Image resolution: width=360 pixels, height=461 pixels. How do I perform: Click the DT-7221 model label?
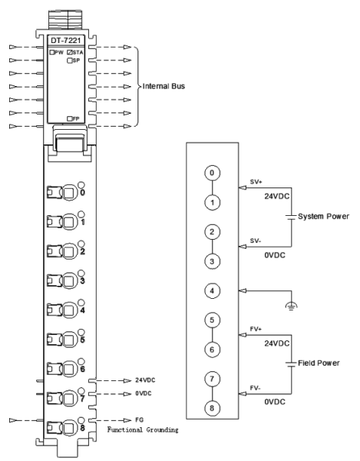pyautogui.click(x=66, y=40)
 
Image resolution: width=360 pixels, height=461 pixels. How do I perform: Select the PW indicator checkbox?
pyautogui.click(x=52, y=52)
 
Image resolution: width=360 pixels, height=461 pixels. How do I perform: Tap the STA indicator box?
pyautogui.click(x=69, y=52)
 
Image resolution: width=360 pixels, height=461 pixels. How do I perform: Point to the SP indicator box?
pyautogui.click(x=70, y=61)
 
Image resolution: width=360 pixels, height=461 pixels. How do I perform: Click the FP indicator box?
pyautogui.click(x=70, y=119)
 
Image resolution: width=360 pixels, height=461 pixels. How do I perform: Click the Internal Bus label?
pyautogui.click(x=163, y=86)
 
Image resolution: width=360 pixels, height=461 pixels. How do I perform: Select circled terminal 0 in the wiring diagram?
pyautogui.click(x=212, y=173)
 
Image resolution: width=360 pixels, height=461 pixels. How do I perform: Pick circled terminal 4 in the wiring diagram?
pyautogui.click(x=212, y=290)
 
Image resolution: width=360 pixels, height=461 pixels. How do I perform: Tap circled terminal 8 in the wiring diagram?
pyautogui.click(x=212, y=409)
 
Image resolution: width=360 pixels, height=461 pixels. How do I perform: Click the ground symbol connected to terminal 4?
pyautogui.click(x=291, y=307)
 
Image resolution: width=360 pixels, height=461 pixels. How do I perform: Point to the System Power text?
pyautogui.click(x=323, y=217)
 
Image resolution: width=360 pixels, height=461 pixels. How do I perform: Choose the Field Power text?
pyautogui.click(x=319, y=363)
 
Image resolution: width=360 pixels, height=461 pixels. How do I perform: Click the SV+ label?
pyautogui.click(x=256, y=181)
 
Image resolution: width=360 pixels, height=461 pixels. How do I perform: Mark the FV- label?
pyautogui.click(x=255, y=388)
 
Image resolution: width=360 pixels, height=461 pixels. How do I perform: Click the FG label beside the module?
pyautogui.click(x=139, y=420)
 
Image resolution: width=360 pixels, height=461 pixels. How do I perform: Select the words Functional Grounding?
pyautogui.click(x=143, y=429)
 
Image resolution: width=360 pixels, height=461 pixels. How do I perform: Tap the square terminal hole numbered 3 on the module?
pyautogui.click(x=68, y=280)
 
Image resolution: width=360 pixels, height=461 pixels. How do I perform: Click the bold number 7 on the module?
pyautogui.click(x=82, y=399)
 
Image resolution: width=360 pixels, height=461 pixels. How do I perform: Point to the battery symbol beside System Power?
pyautogui.click(x=291, y=217)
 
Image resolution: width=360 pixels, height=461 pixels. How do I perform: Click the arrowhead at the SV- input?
pyautogui.click(x=243, y=247)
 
